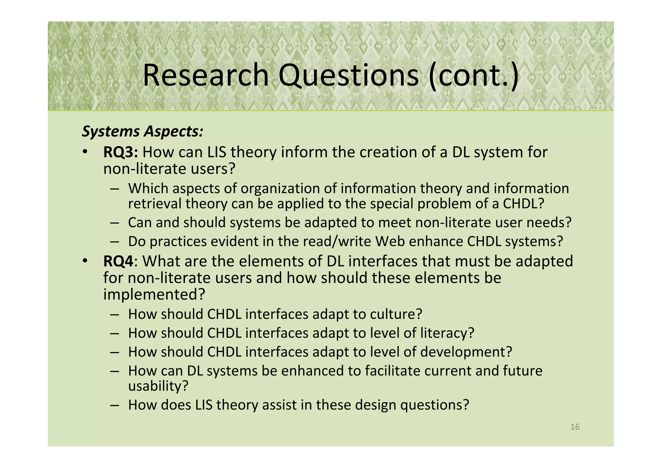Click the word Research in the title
[x=206, y=75]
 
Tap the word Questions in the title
[x=348, y=75]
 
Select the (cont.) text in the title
[x=474, y=75]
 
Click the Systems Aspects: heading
[x=143, y=131]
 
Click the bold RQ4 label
[x=118, y=261]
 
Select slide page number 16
[x=575, y=427]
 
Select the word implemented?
[x=154, y=295]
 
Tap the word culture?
[x=396, y=314]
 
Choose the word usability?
[x=158, y=386]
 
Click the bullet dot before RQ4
[x=85, y=261]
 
